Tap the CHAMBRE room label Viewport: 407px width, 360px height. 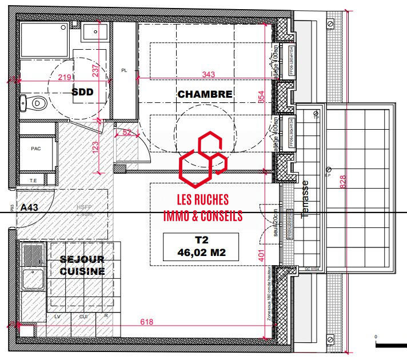[x=205, y=94]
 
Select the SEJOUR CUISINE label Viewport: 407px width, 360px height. [x=83, y=265]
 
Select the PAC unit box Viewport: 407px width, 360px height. [x=35, y=147]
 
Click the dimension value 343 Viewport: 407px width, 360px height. [x=209, y=75]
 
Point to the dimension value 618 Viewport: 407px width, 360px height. [x=147, y=322]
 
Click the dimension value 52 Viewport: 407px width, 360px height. [x=126, y=133]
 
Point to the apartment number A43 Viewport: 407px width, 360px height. [x=29, y=208]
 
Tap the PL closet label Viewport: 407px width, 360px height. [x=124, y=70]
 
